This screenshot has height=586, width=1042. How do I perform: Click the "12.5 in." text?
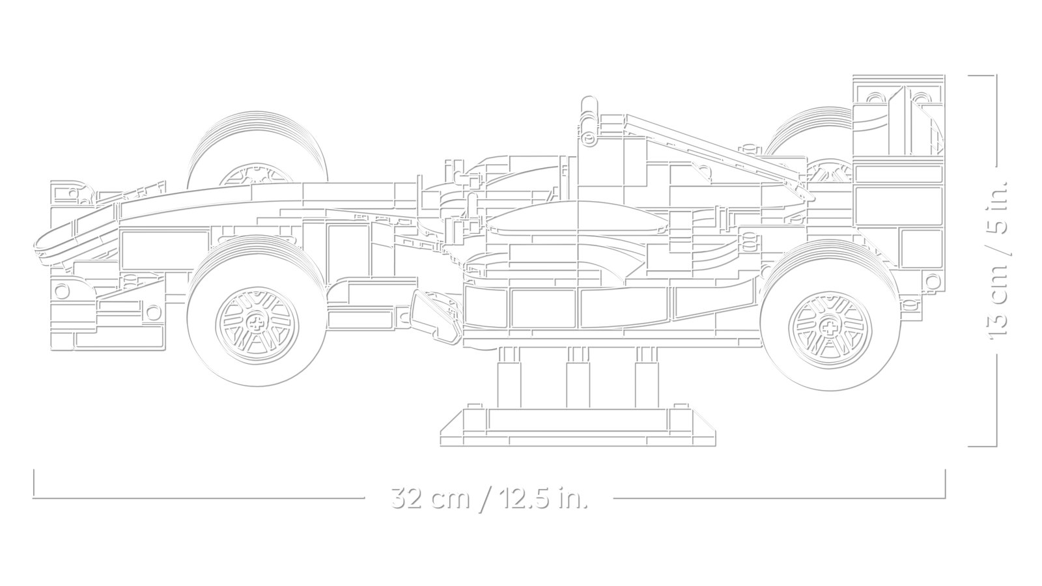click(x=543, y=499)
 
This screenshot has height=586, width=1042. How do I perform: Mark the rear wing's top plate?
click(x=897, y=79)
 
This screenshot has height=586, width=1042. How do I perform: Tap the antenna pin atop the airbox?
click(x=588, y=108)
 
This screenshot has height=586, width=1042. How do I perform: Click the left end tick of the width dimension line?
click(x=34, y=482)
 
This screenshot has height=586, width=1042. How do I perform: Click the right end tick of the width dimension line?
click(x=944, y=482)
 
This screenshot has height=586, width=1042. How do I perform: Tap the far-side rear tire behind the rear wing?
click(x=808, y=124)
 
